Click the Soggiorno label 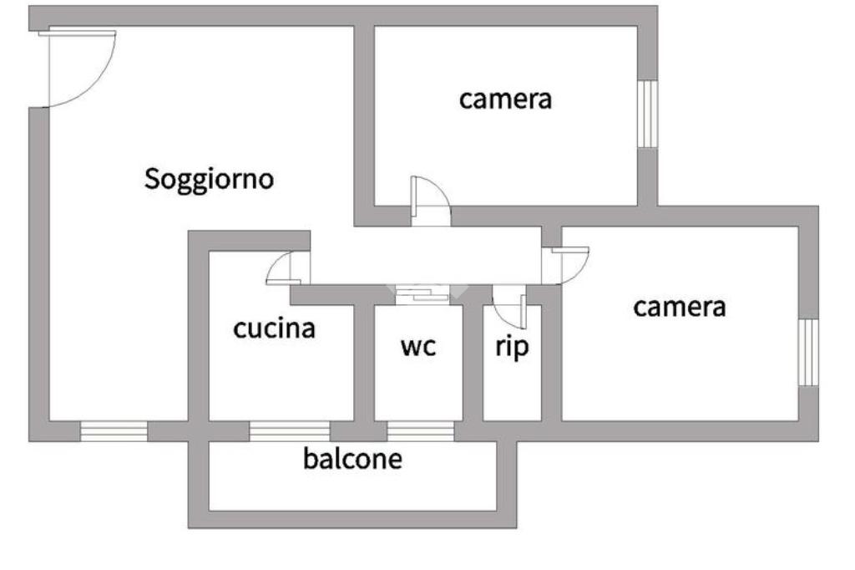click(210, 179)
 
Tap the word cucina click(274, 328)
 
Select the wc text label click(417, 346)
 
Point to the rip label click(512, 346)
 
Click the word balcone click(352, 458)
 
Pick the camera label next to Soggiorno click(505, 99)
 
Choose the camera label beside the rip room click(679, 307)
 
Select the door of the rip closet click(508, 305)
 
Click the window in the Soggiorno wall click(114, 431)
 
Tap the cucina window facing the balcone click(290, 431)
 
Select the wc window click(420, 431)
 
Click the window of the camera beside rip click(807, 353)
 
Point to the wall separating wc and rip click(473, 359)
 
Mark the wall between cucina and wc click(363, 359)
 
